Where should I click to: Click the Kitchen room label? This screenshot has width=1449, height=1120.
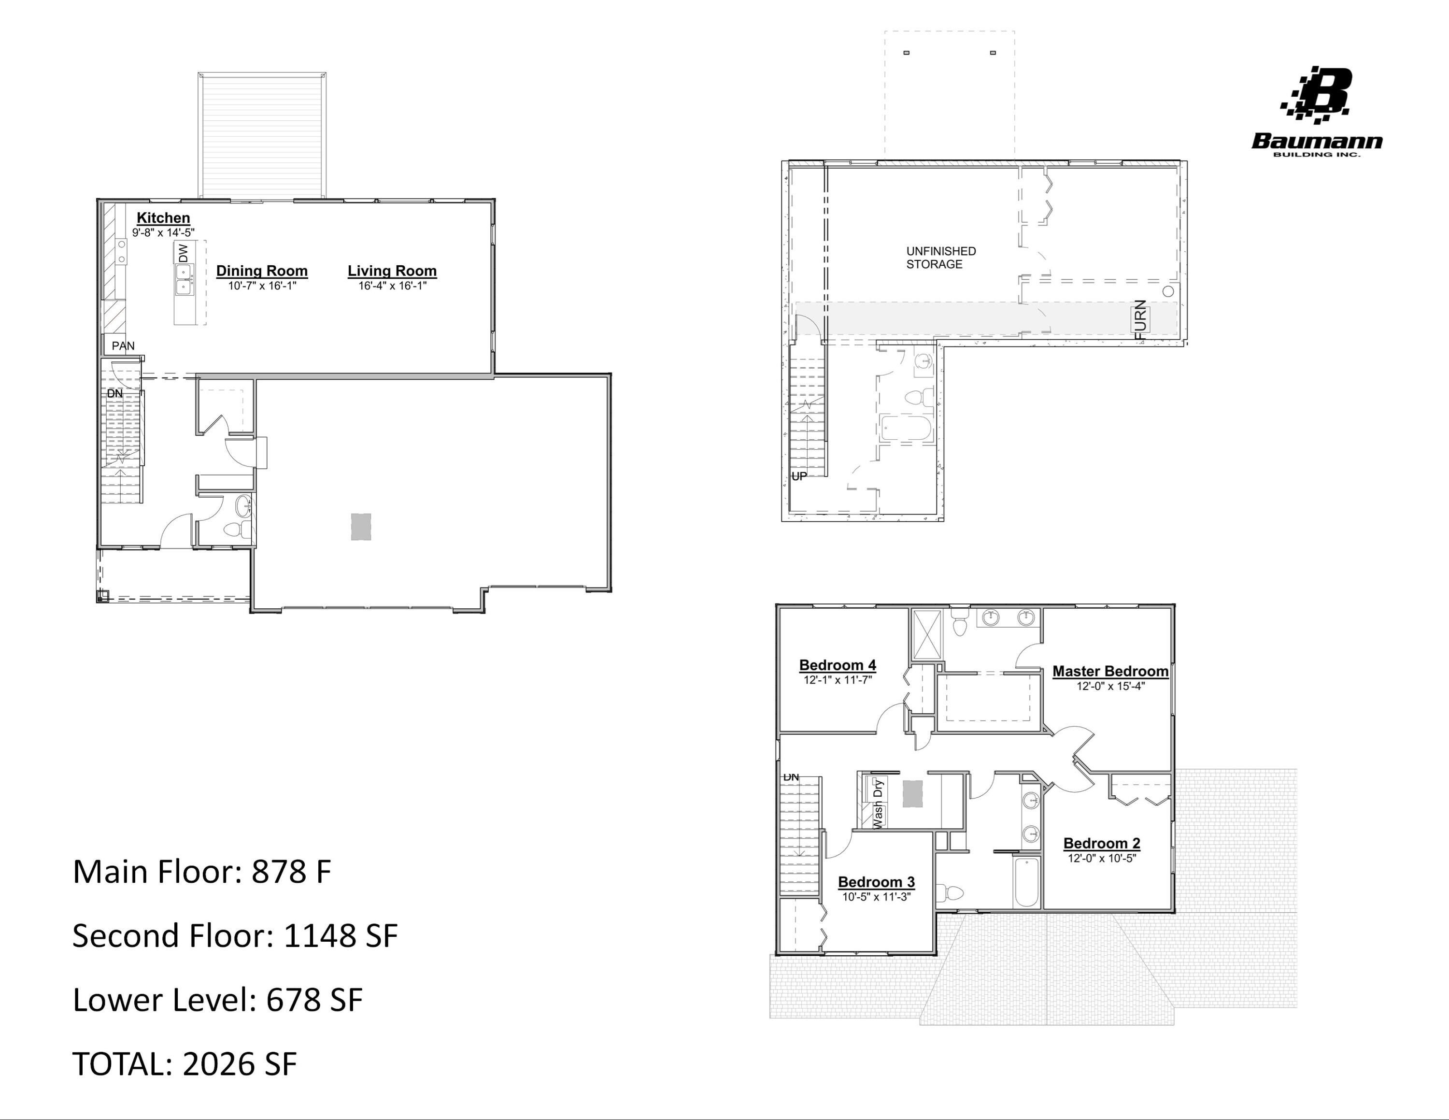tap(163, 217)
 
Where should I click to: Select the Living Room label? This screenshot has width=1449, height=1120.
tap(392, 271)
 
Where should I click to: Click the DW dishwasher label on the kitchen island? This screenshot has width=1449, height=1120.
tap(183, 253)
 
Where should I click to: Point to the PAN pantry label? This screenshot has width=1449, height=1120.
tap(123, 345)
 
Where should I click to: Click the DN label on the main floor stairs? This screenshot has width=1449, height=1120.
tap(115, 393)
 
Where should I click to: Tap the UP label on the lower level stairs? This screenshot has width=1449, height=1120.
tap(799, 476)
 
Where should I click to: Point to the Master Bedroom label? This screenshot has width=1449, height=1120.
tap(1110, 671)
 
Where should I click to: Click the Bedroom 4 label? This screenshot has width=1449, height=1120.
tap(838, 665)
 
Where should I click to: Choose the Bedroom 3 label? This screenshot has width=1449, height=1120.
tap(876, 882)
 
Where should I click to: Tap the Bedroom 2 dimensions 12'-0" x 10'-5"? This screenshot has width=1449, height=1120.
tap(1101, 858)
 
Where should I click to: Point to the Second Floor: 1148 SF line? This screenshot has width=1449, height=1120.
tap(235, 935)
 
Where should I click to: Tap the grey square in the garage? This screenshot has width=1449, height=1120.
tap(361, 527)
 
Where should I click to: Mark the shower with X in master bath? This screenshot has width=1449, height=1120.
tap(927, 635)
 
